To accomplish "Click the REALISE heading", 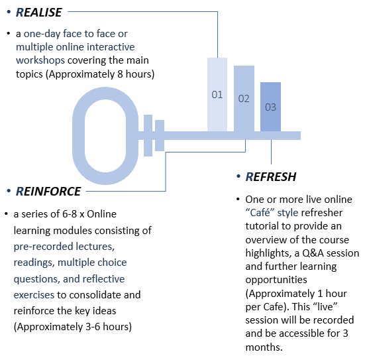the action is pos(39,13).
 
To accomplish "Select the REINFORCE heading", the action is pos(48,192).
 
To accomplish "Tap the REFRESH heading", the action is pos(271,177).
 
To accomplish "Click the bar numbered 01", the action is pos(217,94).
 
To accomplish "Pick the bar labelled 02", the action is pos(244,98).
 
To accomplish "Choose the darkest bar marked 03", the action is pos(270,107).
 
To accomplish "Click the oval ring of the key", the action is pos(78,136).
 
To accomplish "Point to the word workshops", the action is pos(40,61).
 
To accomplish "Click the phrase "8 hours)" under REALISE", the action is pos(136,74).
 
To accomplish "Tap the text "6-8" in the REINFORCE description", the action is pos(69,214).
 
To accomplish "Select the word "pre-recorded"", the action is pos(40,247).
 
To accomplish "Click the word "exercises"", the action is pos(34,295).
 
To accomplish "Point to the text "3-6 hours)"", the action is pos(109,327).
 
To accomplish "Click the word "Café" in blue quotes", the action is pos(260,213).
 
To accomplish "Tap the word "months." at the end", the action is pos(264,347).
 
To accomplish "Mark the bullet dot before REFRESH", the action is pos(238,176).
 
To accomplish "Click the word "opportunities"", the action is pos(276,280).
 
